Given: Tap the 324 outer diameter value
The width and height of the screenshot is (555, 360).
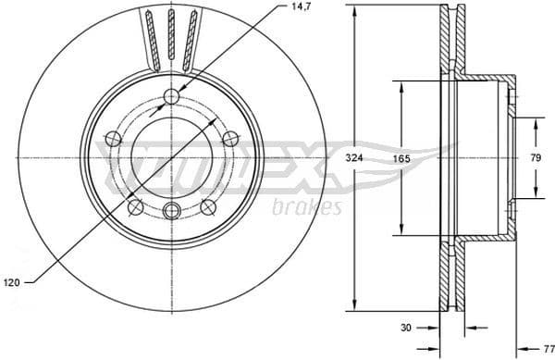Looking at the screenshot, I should (353, 158).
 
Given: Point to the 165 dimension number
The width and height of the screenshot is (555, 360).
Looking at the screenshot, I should (401, 158).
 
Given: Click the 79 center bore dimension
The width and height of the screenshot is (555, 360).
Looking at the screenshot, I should (535, 158).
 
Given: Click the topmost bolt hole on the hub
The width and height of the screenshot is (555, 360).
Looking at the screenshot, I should (169, 97).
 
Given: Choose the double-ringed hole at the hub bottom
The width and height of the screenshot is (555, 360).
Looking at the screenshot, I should (169, 211).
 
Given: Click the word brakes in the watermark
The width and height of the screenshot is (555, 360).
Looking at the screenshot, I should (308, 207).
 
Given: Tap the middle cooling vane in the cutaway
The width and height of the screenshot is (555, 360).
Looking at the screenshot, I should (169, 37).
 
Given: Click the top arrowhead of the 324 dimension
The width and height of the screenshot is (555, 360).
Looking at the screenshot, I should (354, 10).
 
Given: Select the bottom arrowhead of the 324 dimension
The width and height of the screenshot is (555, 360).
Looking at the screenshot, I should (354, 305).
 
